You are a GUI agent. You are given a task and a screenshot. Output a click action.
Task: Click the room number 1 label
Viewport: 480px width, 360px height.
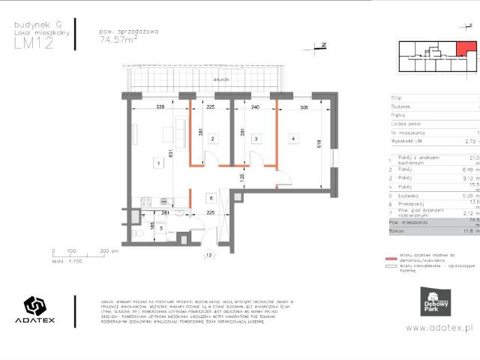click(x=157, y=162)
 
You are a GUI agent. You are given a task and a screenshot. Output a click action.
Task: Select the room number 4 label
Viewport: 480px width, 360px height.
click(x=294, y=139)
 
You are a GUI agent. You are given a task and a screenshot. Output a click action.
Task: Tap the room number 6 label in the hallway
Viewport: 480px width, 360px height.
click(x=211, y=199)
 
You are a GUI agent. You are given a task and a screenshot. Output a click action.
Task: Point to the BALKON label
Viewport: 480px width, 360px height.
click(x=220, y=79)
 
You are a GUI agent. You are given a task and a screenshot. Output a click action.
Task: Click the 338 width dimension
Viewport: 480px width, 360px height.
click(x=160, y=107)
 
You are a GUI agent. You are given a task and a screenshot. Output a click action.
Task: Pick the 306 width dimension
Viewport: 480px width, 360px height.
click(x=304, y=107)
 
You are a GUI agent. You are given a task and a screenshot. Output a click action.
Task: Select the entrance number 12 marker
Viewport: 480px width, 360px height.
click(x=208, y=255)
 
